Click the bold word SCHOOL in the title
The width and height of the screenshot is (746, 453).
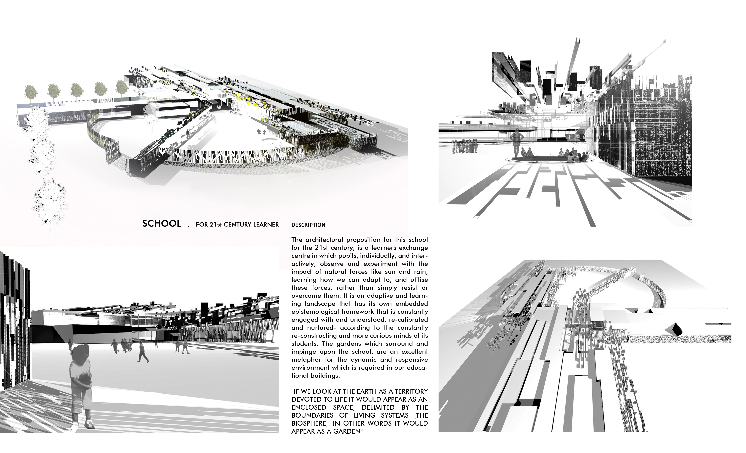coord(162,224)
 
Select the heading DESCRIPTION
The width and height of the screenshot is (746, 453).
coord(308,225)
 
